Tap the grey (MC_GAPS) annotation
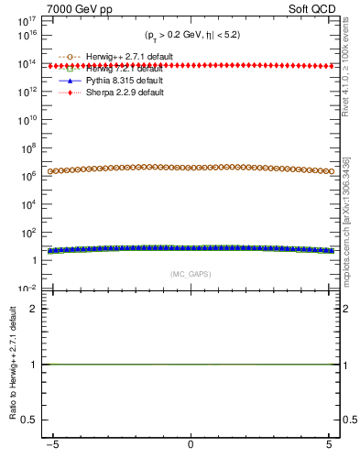tap(190, 273)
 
